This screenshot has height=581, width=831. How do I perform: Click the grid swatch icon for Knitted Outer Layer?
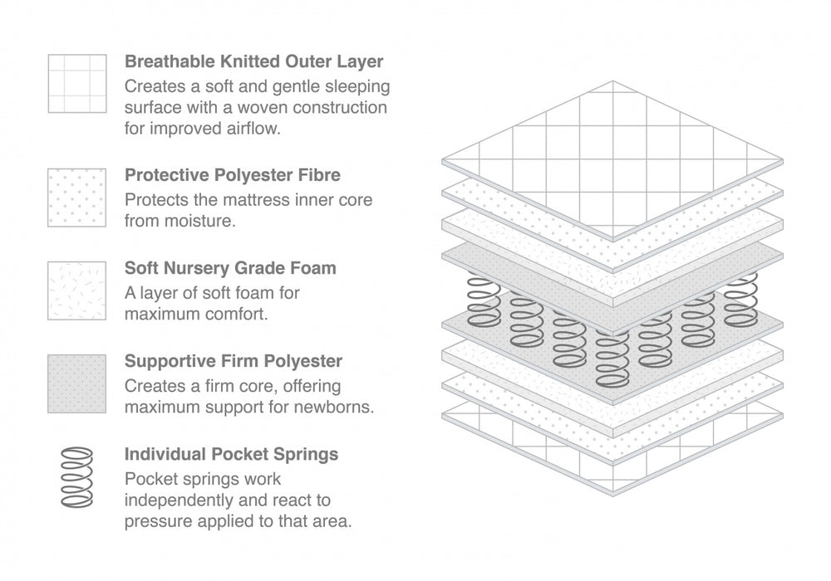pyautogui.click(x=77, y=84)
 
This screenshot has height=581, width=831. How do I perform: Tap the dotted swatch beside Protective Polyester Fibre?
pyautogui.click(x=77, y=198)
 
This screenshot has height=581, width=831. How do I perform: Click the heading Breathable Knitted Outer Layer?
pyautogui.click(x=253, y=61)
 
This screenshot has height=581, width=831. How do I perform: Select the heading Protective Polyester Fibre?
pyautogui.click(x=232, y=176)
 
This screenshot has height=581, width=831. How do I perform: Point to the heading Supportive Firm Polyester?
pyautogui.click(x=233, y=362)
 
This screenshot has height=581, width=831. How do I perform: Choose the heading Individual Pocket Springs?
pyautogui.click(x=231, y=455)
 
